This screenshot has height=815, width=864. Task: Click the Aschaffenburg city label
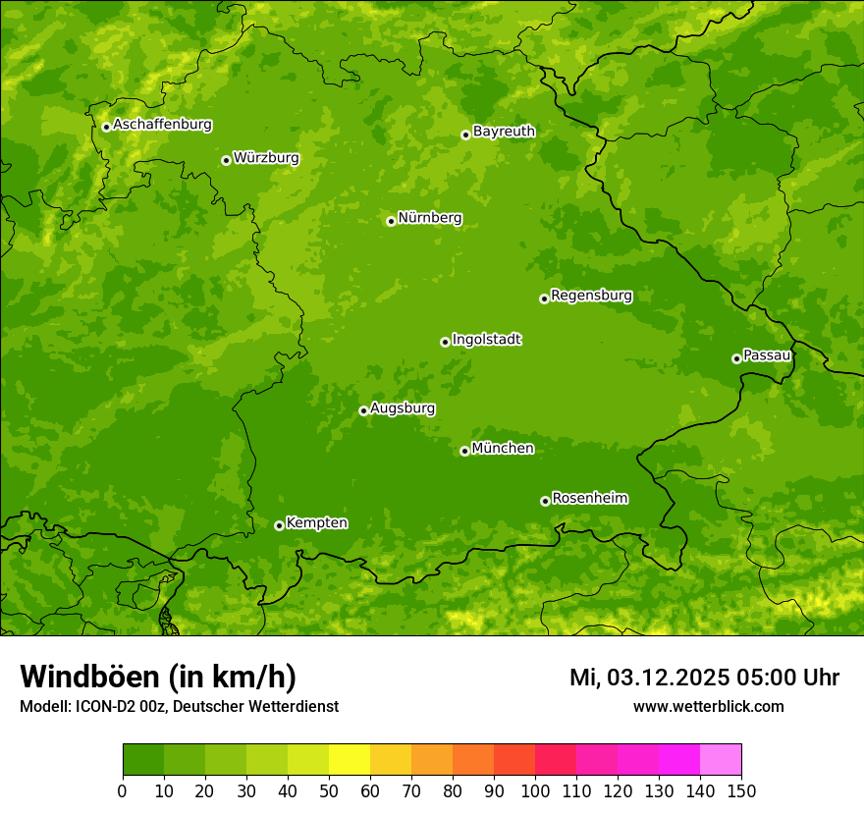tap(162, 125)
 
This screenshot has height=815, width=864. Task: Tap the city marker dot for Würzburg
tap(226, 160)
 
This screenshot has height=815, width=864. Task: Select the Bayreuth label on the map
tap(504, 132)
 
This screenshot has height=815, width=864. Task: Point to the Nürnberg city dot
tap(391, 221)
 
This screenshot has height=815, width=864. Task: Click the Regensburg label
tap(591, 296)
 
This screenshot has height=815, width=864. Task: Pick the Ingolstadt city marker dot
tap(445, 342)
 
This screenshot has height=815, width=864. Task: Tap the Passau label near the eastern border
tap(767, 355)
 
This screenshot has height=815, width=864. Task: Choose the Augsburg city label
tap(403, 408)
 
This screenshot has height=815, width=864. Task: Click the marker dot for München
tap(464, 451)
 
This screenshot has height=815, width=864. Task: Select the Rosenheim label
tap(589, 499)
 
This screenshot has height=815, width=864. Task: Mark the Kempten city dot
tap(279, 525)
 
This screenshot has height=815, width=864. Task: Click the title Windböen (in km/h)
tap(158, 678)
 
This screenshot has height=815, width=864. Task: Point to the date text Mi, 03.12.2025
tap(648, 678)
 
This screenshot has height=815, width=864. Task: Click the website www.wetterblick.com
tap(708, 706)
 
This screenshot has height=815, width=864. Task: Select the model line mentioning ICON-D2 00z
tap(179, 706)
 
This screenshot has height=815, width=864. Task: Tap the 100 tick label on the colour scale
tap(534, 790)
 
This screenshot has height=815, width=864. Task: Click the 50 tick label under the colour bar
tap(328, 790)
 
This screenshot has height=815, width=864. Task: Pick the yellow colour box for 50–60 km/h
tap(349, 760)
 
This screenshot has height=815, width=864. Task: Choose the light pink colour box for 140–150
tap(720, 760)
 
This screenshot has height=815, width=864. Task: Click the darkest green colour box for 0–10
tap(142, 760)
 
